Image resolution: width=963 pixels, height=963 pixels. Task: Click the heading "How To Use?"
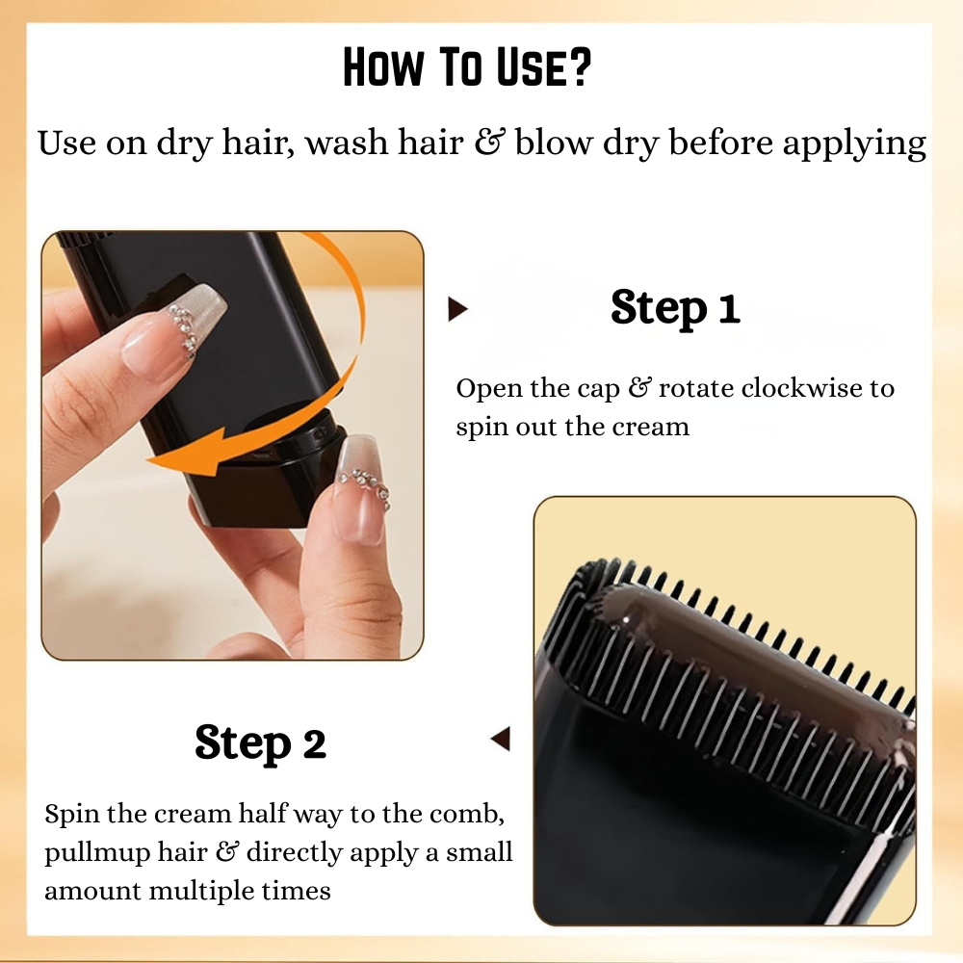click(x=466, y=70)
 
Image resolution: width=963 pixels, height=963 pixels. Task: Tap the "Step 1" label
click(x=675, y=308)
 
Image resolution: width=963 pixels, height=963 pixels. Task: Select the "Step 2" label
click(x=260, y=742)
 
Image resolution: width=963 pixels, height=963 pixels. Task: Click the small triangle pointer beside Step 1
click(x=458, y=309)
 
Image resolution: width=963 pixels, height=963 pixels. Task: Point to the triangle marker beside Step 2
click(x=500, y=740)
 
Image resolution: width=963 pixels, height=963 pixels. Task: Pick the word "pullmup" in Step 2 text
click(x=89, y=852)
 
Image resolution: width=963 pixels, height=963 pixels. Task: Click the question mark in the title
click(x=578, y=70)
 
